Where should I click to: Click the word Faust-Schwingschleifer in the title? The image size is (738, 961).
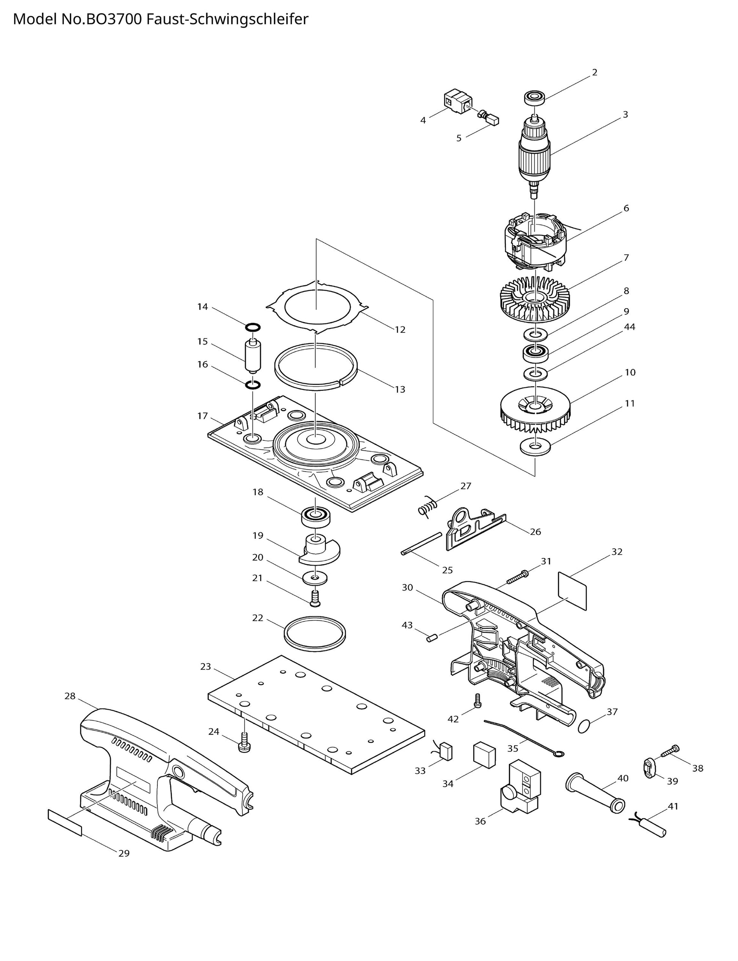tap(227, 19)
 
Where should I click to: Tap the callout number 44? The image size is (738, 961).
tap(630, 327)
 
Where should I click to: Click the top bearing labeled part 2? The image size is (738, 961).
tap(535, 97)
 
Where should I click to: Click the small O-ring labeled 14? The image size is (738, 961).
tap(253, 327)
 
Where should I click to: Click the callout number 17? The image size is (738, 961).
tap(202, 416)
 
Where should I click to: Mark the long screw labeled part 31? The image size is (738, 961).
tap(518, 577)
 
